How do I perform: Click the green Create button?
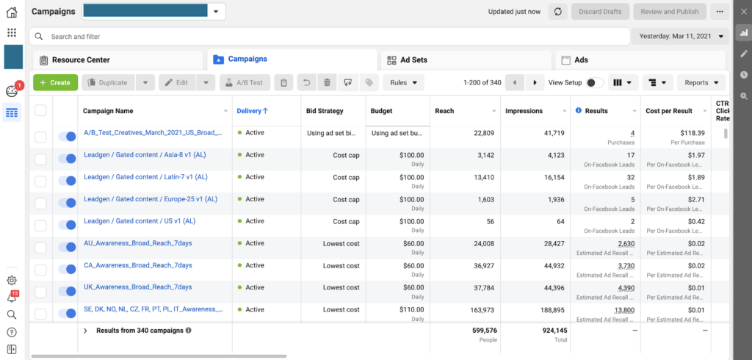[x=55, y=83]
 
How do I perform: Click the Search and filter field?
[x=330, y=36]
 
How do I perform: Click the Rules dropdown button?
[x=403, y=83]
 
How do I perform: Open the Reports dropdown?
[x=701, y=83]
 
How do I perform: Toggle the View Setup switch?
[x=595, y=83]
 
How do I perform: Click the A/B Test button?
[x=245, y=83]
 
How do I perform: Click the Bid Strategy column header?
[x=325, y=111]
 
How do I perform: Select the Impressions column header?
[x=524, y=111]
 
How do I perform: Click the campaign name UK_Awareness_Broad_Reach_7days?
[x=137, y=287]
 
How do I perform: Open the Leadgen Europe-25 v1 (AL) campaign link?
[x=151, y=199]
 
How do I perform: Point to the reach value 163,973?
[x=478, y=310]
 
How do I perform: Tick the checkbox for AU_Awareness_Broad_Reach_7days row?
[x=40, y=248]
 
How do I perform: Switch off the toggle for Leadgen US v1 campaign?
[x=67, y=226]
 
